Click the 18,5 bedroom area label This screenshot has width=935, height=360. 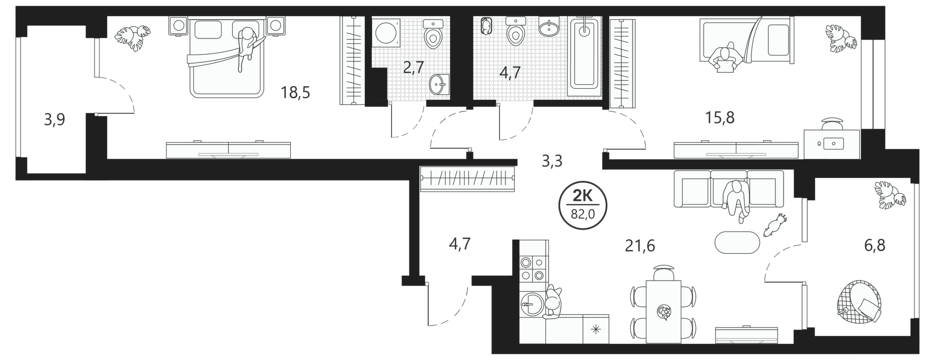coord(296,92)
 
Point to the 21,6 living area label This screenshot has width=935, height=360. coord(640,246)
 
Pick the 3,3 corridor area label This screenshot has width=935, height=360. coord(552,160)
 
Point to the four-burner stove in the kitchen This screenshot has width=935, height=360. coord(532,269)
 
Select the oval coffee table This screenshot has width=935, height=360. coord(737,242)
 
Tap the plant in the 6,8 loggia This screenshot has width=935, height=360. coord(890,195)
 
